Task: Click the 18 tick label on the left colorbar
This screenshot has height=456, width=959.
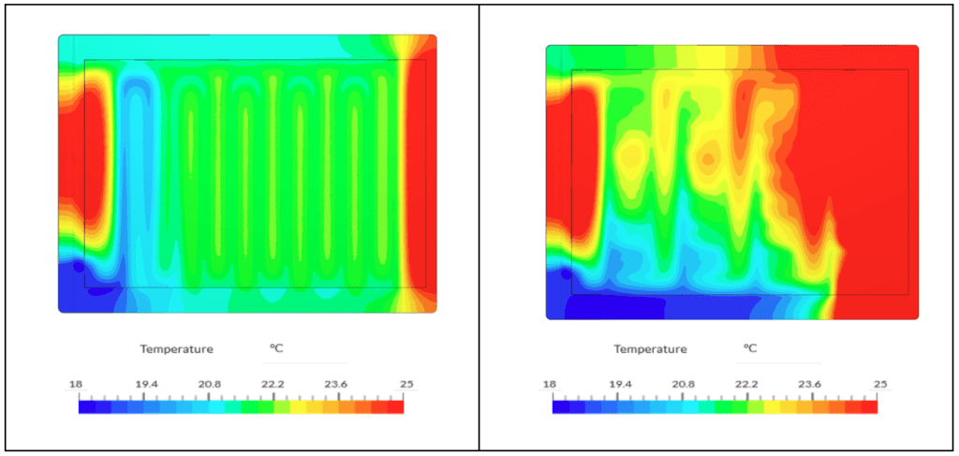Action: click(75, 385)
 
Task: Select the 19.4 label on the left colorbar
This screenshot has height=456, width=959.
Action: click(143, 385)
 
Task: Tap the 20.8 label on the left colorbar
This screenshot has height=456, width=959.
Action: click(208, 385)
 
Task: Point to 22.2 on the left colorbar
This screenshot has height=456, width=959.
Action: click(273, 385)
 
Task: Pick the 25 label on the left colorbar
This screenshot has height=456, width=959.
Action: click(406, 385)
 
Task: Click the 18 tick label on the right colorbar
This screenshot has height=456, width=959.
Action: click(549, 385)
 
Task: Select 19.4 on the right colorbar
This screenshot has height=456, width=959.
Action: click(617, 385)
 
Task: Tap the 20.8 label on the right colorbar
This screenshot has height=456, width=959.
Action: click(682, 385)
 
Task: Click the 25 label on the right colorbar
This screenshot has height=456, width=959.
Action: click(880, 385)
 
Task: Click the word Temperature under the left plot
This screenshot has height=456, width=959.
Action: click(176, 349)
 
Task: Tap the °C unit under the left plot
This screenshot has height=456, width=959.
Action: click(276, 348)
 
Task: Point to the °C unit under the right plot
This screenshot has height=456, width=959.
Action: click(750, 348)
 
